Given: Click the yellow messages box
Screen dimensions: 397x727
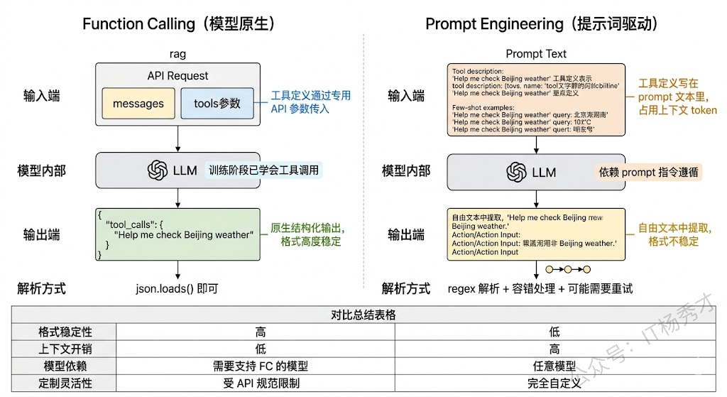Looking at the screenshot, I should (x=138, y=104).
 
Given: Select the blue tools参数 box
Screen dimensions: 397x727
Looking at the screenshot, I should (x=217, y=104).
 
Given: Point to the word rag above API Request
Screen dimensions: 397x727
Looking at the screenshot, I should (x=177, y=54).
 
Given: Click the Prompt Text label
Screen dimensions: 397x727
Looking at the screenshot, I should (x=536, y=54).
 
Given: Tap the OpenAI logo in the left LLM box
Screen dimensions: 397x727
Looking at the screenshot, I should (x=158, y=170).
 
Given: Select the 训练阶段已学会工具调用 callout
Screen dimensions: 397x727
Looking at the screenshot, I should (x=263, y=170).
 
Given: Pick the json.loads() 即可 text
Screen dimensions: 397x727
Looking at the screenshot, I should (x=177, y=288).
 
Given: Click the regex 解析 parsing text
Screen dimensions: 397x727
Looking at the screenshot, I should (x=540, y=288).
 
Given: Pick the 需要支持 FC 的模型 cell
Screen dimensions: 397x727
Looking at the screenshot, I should (x=261, y=366).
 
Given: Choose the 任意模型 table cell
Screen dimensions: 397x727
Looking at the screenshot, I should (x=554, y=366).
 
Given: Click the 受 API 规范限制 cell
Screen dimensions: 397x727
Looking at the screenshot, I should (x=261, y=384).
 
